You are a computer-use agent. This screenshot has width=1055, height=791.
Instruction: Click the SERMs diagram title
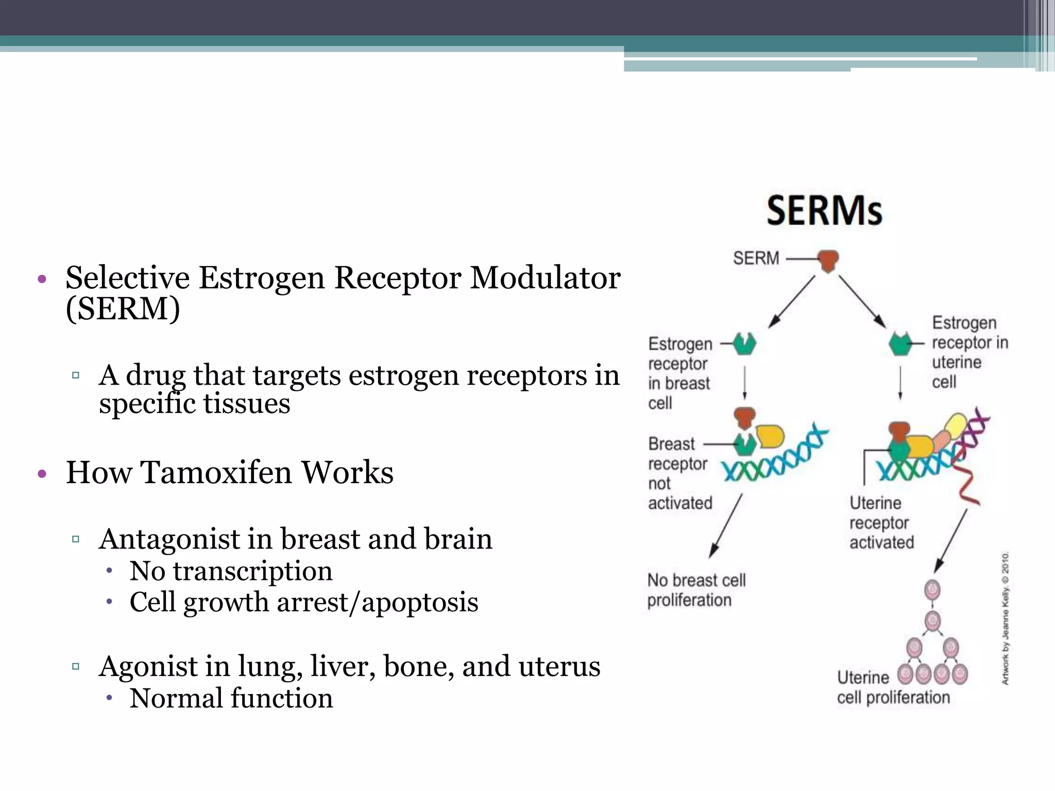coord(824,211)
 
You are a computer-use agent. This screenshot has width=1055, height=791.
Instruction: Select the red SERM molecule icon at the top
coord(828,261)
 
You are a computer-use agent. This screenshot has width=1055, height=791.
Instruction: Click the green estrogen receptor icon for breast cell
coord(744,343)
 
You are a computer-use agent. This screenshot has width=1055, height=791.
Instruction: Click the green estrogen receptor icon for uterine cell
coord(900,344)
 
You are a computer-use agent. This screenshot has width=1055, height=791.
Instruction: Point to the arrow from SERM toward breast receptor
coord(792,302)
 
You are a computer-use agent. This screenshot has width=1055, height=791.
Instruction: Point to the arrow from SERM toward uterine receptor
coord(862,301)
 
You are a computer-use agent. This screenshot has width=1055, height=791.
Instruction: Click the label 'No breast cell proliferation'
coord(696,590)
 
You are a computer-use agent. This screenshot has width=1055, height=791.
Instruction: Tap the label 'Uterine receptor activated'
coord(881,522)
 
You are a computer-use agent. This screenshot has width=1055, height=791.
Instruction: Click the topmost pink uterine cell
coord(932,590)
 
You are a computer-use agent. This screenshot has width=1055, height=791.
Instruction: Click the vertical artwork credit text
coord(1005,618)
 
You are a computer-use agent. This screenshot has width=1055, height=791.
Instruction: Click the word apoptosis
coord(420,602)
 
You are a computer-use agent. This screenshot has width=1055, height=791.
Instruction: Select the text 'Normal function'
coord(231,698)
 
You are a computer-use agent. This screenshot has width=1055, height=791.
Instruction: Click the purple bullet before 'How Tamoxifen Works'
coord(42,474)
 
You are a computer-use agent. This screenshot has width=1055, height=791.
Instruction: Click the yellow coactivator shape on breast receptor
coord(770,436)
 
